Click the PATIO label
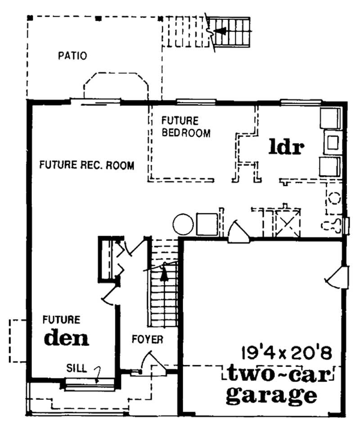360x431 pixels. [72, 56]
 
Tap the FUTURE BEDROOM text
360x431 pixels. [185, 127]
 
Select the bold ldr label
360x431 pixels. [287, 147]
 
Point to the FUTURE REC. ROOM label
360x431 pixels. [86, 165]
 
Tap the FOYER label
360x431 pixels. [147, 339]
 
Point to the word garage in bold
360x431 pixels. [270, 395]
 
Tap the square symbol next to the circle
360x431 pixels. [207, 224]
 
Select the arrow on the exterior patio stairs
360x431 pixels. [220, 31]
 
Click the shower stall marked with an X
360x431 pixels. [285, 222]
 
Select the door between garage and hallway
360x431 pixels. [237, 232]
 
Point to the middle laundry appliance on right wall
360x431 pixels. [333, 142]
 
